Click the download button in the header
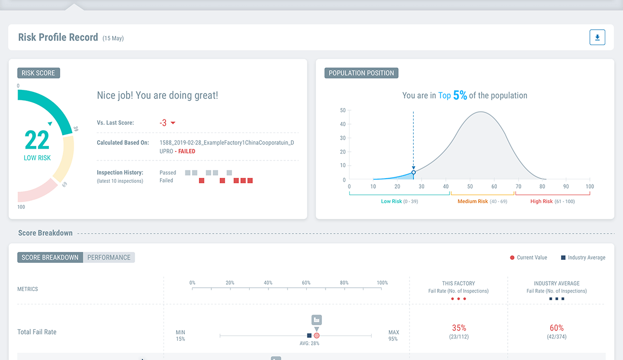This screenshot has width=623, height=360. [x=597, y=37]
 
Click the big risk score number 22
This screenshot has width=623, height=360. [x=37, y=140]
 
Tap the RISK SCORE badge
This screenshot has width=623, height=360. [x=38, y=73]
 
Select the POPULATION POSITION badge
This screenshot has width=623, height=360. [x=361, y=73]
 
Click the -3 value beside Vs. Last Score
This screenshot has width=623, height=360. [x=163, y=123]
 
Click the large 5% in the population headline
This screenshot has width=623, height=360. [x=460, y=95]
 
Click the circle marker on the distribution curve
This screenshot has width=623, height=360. [x=413, y=172]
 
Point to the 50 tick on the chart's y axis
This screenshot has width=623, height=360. [x=343, y=110]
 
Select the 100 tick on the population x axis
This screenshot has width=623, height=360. [x=590, y=186]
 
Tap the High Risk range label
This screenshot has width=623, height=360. [x=552, y=202]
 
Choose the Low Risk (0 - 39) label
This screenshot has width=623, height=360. [x=399, y=202]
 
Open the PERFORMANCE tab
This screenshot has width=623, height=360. [x=109, y=257]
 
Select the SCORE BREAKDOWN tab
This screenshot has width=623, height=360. [x=50, y=257]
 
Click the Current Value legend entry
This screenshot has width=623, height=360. [x=532, y=258]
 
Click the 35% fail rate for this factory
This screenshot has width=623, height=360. [x=459, y=328]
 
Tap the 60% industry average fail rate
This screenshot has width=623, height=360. [x=557, y=328]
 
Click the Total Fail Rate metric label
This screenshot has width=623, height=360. [x=37, y=332]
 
